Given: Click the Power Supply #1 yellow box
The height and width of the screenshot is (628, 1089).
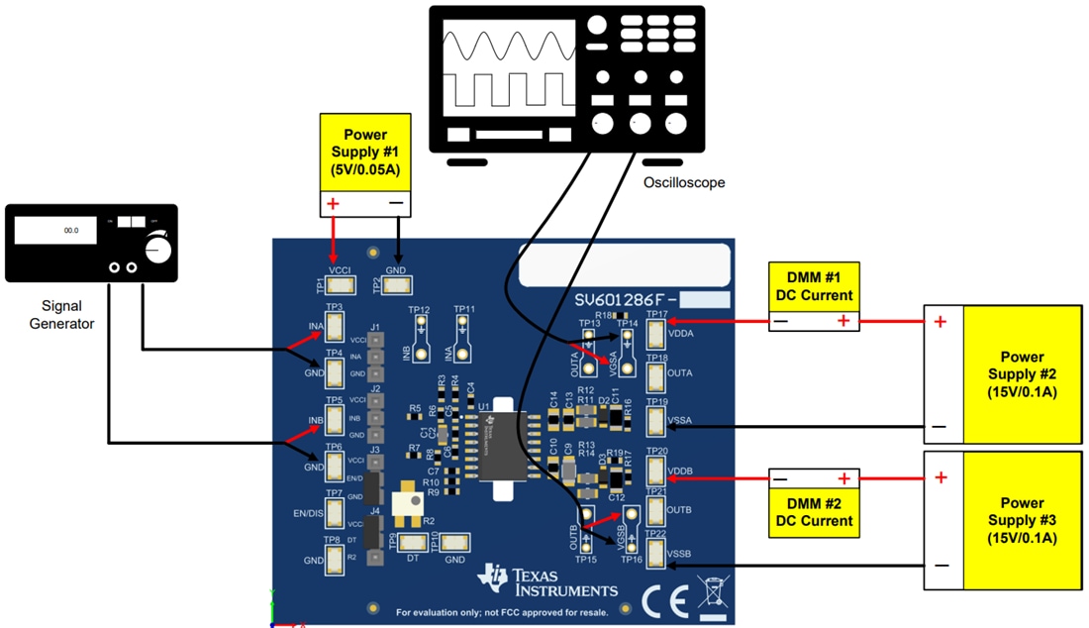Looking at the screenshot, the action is click(x=364, y=152).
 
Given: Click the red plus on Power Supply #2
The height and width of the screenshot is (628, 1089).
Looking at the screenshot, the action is click(x=940, y=322).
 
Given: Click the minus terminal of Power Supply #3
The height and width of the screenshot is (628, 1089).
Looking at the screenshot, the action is click(x=940, y=567).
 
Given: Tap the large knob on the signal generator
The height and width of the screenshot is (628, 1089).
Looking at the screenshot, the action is click(x=157, y=250).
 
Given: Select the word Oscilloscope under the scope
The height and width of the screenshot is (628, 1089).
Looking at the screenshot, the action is click(x=684, y=183).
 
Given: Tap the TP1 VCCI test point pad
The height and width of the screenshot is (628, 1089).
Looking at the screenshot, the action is click(x=341, y=285).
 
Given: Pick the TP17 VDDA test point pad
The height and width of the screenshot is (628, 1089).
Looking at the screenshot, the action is click(x=656, y=335).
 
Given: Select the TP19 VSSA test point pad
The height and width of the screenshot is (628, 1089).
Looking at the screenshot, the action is click(x=656, y=422).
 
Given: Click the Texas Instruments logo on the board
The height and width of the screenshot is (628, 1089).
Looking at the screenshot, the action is click(x=547, y=581).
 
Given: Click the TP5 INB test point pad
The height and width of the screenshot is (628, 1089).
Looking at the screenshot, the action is click(x=334, y=421).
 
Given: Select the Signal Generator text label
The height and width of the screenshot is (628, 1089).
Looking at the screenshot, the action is click(x=68, y=315).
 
